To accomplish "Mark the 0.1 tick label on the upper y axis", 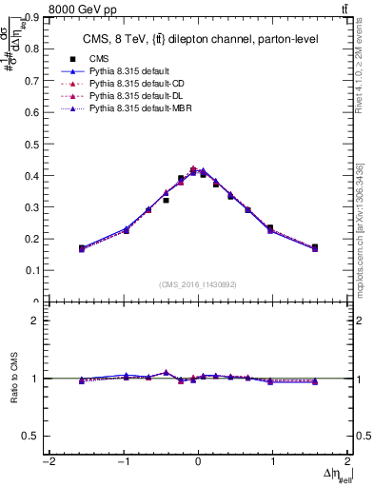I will pyautogui.click(x=31, y=271).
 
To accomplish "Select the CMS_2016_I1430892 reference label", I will pyautogui.click(x=198, y=284).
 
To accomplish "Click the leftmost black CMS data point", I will pyautogui.click(x=82, y=248).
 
